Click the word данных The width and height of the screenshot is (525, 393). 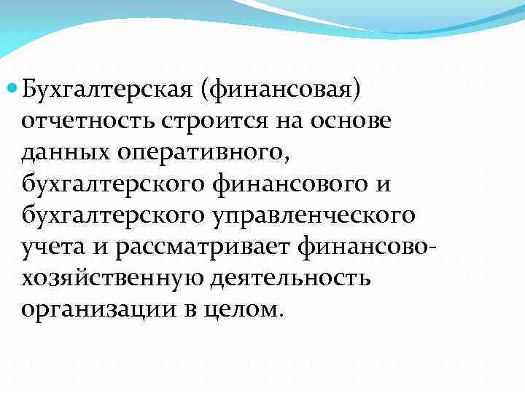[x=66, y=153]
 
